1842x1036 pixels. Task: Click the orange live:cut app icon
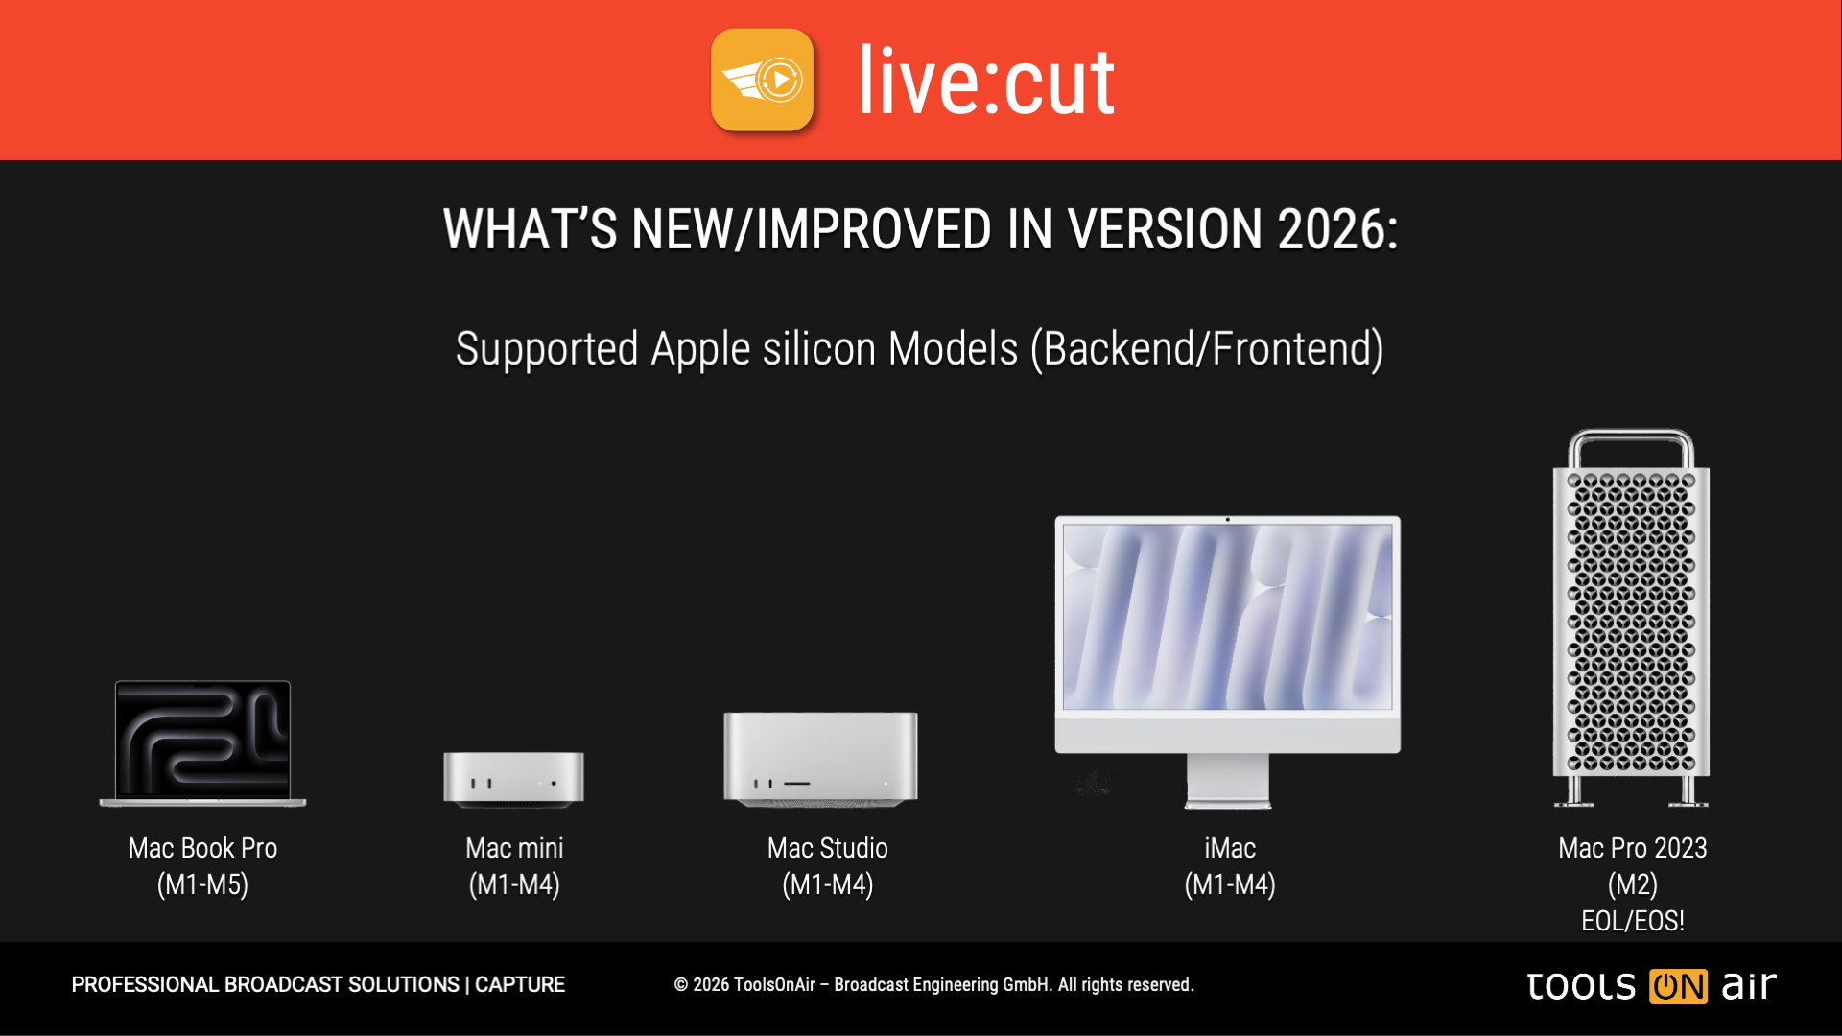coord(762,80)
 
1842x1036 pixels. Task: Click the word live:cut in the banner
coord(986,82)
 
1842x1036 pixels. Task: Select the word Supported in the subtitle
coord(547,349)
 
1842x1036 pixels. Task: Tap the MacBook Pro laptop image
coord(202,743)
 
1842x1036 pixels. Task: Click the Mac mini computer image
coord(513,779)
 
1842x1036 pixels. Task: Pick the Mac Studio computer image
coord(820,759)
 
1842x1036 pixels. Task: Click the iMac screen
coord(1228,617)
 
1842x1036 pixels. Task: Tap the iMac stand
coord(1228,781)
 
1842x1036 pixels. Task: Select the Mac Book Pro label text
coord(202,848)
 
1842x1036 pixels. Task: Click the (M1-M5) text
coord(202,884)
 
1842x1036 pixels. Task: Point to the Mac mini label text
coord(514,848)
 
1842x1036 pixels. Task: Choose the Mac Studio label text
coord(828,848)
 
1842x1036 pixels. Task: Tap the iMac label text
coord(1230,848)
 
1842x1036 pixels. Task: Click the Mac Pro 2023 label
coord(1633,848)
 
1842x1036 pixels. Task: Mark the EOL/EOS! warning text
coord(1633,921)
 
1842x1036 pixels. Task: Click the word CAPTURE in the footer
coord(520,985)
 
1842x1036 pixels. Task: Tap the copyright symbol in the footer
coord(681,985)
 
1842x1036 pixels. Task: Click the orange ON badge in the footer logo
coord(1678,986)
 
